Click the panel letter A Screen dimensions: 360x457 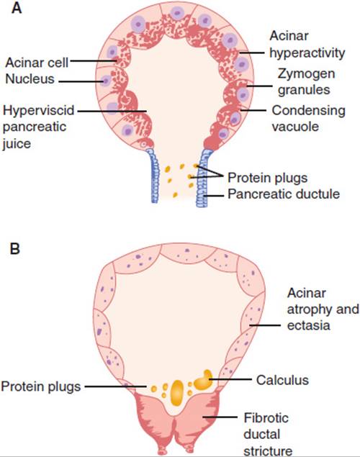(17, 8)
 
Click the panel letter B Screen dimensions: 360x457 (15, 249)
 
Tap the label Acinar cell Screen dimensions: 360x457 (37, 63)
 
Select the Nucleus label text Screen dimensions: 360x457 (30, 78)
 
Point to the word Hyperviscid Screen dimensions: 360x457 (38, 111)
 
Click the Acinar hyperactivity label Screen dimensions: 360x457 (307, 45)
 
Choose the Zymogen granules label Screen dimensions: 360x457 (305, 81)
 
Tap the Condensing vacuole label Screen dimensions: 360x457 (308, 118)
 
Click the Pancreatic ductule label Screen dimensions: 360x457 (284, 194)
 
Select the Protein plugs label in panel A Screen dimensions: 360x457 (267, 178)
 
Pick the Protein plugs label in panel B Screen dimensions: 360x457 (41, 386)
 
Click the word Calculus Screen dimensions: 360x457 (282, 380)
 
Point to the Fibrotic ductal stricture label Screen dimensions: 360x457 (268, 434)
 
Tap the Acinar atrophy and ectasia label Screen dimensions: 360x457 (323, 309)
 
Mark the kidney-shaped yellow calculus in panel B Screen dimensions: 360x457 (203, 381)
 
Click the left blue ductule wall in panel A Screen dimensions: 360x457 (153, 176)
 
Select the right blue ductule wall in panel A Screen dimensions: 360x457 (202, 178)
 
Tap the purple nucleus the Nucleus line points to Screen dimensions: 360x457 (105, 81)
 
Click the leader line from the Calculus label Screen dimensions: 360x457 (230, 379)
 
